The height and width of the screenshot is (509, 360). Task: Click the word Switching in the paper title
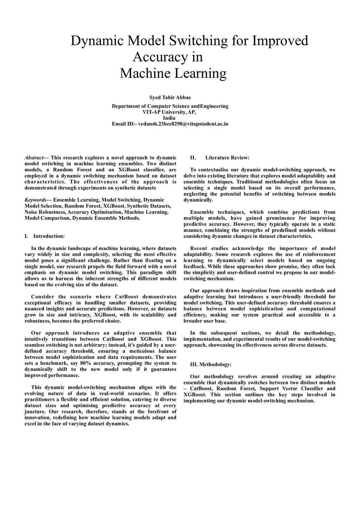point(198,41)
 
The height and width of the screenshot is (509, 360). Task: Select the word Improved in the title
point(280,41)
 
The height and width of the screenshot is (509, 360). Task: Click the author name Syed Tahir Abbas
point(170,97)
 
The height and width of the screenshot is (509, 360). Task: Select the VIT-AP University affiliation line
point(169,112)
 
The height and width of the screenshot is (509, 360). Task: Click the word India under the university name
point(169,118)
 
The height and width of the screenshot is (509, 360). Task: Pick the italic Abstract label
point(34,158)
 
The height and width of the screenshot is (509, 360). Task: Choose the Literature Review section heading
point(227,158)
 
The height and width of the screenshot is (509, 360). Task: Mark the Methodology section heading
point(211,364)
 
